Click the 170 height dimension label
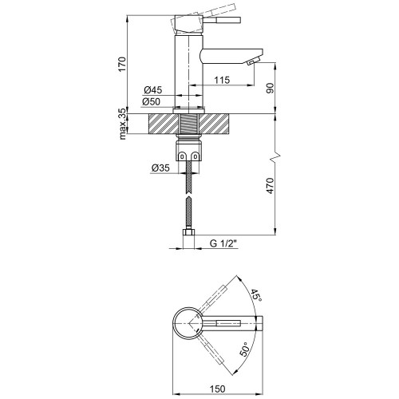pyautogui.click(x=122, y=64)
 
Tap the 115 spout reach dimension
pyautogui.click(x=222, y=80)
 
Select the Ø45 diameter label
pyautogui.click(x=153, y=90)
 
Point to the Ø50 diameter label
pyautogui.click(x=151, y=101)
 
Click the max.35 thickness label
pyautogui.click(x=122, y=124)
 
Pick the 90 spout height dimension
pyautogui.click(x=270, y=88)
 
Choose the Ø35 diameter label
pyautogui.click(x=160, y=168)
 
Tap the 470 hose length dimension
pyautogui.click(x=270, y=186)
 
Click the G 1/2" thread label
pyautogui.click(x=223, y=243)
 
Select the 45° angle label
pyautogui.click(x=256, y=295)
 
